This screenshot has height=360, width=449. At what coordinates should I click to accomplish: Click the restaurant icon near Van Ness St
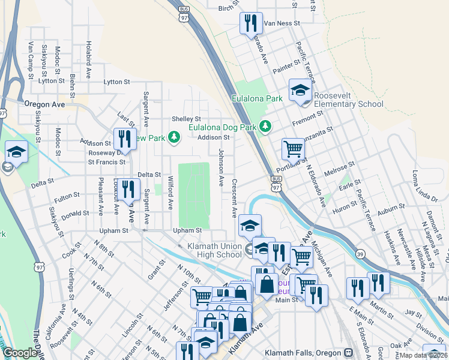[x=251, y=23]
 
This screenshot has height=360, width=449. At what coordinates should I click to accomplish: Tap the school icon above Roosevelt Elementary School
[x=300, y=91]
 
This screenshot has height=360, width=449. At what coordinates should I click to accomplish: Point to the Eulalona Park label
[x=258, y=98]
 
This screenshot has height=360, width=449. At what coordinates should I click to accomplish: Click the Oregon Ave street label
[x=44, y=104]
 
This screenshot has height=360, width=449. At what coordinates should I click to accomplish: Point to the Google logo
[x=20, y=353]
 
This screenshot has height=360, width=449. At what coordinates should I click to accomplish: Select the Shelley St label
[x=186, y=119]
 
